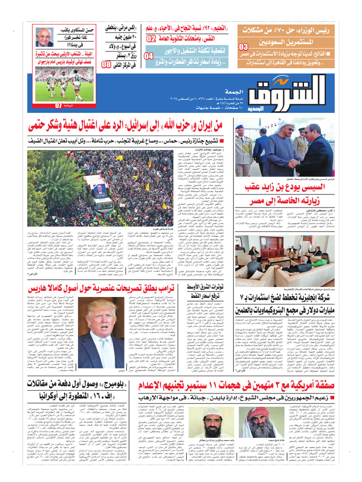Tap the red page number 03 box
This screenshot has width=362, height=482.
243,47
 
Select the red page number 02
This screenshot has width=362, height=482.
151,39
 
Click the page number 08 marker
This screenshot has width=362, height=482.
107,64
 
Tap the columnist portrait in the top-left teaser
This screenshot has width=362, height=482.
44,37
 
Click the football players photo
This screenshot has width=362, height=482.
64,83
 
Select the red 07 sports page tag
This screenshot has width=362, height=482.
58,105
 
